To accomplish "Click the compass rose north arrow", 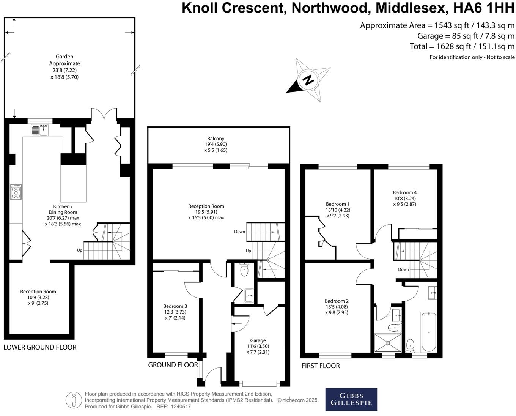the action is click(x=308, y=80).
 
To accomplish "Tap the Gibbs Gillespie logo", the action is click(x=351, y=399).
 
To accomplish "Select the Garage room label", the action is click(x=258, y=340).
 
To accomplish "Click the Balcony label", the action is click(x=216, y=139).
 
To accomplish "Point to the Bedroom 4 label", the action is click(x=404, y=192).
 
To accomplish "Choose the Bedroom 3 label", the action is click(x=175, y=306).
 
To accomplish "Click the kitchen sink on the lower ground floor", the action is click(x=39, y=131).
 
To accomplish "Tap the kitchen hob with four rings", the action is click(x=16, y=192).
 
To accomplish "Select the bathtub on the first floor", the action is click(x=429, y=331).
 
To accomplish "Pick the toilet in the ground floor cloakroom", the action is click(x=244, y=270).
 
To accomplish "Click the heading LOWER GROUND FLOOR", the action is click(x=40, y=347).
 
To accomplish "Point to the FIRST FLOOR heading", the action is click(x=321, y=366).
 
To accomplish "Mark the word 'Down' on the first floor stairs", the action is click(x=403, y=269).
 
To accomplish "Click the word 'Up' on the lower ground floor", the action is click(x=80, y=251).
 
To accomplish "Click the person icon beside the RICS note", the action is click(x=74, y=400).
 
